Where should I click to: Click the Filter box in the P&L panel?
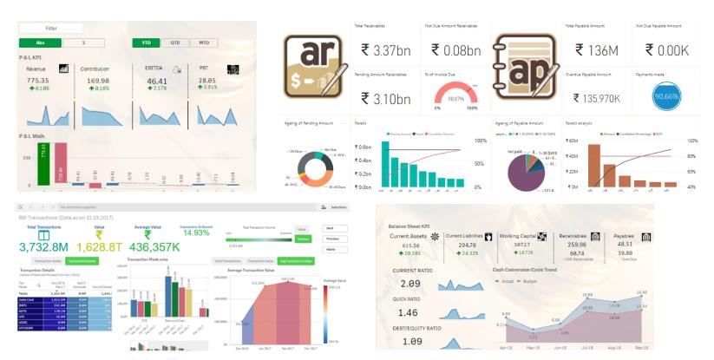coord(51,29)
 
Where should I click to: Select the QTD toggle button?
coord(174,42)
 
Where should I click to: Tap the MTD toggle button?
coord(203,42)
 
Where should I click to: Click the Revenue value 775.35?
coord(38,80)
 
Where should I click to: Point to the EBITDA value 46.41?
coord(156,80)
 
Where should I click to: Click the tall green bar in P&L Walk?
coord(43,165)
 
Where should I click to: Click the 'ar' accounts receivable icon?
coord(316,66)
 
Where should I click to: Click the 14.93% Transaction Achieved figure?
coord(195,233)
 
